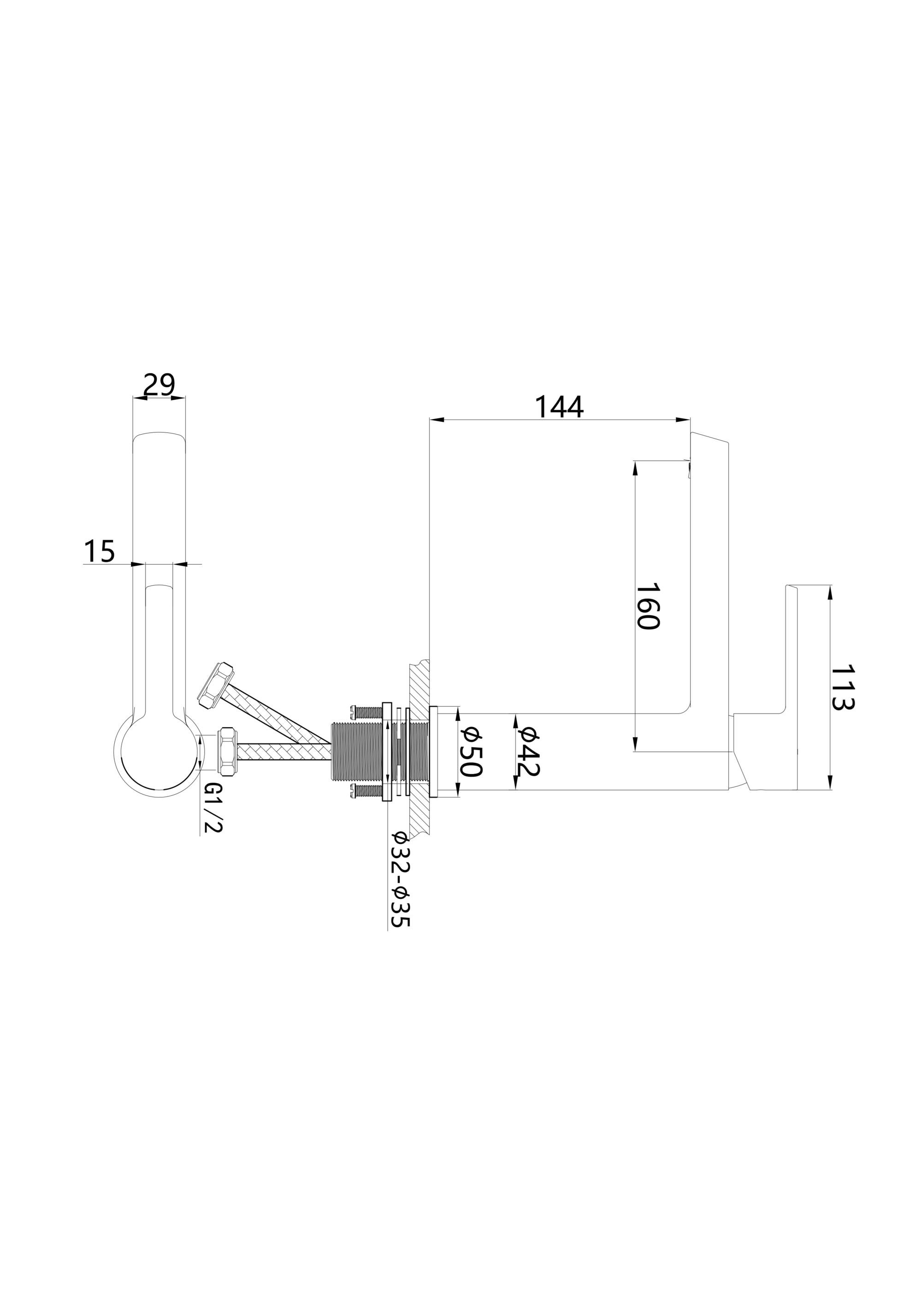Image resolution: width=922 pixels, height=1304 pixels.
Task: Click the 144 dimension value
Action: point(559,407)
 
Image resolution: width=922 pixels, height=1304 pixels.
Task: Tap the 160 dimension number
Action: point(647,606)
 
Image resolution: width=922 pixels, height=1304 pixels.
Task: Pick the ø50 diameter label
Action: point(471,753)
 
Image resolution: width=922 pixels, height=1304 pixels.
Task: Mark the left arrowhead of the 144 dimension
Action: point(436,420)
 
